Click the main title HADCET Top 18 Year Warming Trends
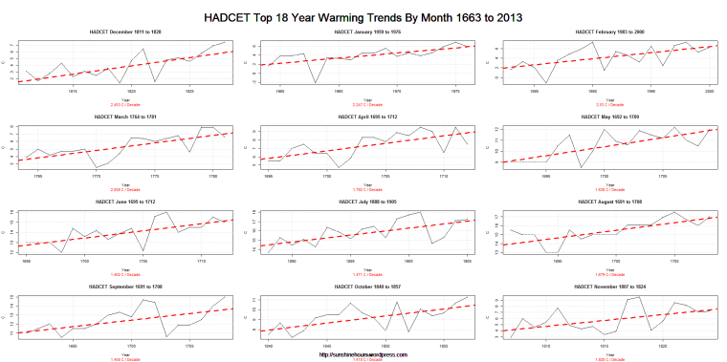tap(363, 18)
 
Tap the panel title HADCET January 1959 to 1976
tap(370, 32)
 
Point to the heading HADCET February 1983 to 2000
tap(611, 32)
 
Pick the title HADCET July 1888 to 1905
tap(370, 202)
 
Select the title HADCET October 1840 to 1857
tap(370, 286)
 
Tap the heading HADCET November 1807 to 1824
tap(611, 286)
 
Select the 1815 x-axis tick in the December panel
tap(72, 93)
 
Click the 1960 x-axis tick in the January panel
tap(279, 93)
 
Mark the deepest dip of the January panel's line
tap(316, 83)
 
